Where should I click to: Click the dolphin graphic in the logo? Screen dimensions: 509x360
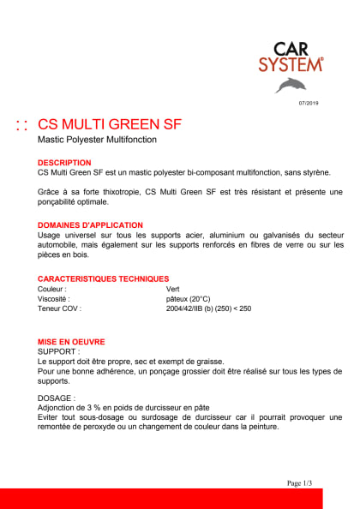[x=291, y=83]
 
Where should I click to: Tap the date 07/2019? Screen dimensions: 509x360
[x=308, y=104]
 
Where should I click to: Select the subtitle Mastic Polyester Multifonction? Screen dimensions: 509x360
[x=98, y=141]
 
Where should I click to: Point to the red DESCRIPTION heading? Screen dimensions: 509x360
[x=64, y=162]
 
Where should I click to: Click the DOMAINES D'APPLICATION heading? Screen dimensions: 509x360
[x=91, y=227]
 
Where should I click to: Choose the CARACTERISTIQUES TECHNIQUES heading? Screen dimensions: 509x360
[x=103, y=278]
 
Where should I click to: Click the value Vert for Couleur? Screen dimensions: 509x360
[x=174, y=289]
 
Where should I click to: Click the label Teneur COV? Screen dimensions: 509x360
[x=59, y=308]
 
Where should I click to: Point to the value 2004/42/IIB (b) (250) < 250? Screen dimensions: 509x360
[x=208, y=308]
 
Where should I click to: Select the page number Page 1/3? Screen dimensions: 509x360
[x=300, y=483]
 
